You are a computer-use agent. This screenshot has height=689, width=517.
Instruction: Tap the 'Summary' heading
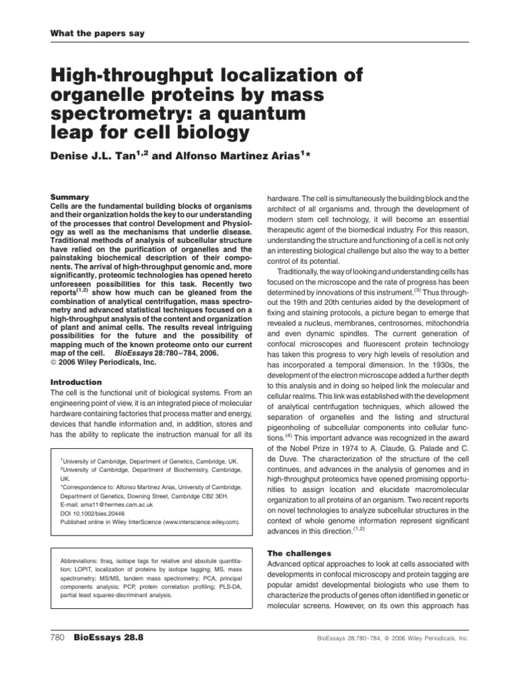coord(71,197)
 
